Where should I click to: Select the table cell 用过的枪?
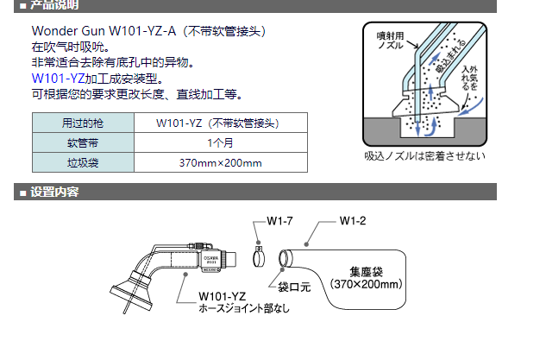pyautogui.click(x=83, y=123)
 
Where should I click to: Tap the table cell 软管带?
pyautogui.click(x=83, y=142)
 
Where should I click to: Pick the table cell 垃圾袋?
pyautogui.click(x=83, y=161)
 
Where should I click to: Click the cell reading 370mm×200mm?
pyautogui.click(x=220, y=161)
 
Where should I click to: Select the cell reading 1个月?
pyautogui.click(x=220, y=142)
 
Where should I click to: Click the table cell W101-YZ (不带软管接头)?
pyautogui.click(x=220, y=123)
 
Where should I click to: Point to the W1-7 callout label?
pyautogui.click(x=277, y=221)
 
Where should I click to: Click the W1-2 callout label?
pyautogui.click(x=352, y=221)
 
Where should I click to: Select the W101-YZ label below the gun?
pyautogui.click(x=221, y=295)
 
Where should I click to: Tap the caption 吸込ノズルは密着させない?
pyautogui.click(x=425, y=156)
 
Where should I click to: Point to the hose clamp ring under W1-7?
pyautogui.click(x=259, y=257)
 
